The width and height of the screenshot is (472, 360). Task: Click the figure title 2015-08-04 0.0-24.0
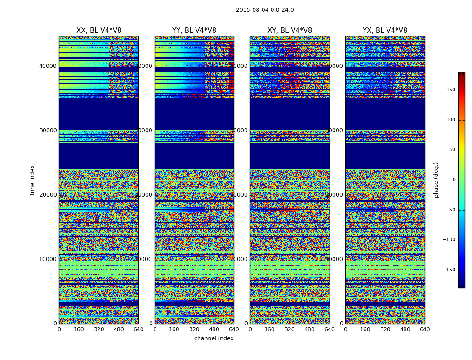(x=265, y=10)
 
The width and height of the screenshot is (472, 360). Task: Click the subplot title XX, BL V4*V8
(x=99, y=31)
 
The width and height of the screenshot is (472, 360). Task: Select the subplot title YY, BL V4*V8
(x=194, y=31)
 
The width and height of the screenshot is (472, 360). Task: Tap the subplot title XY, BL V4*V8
(x=289, y=31)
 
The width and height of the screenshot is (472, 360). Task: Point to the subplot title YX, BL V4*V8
(x=385, y=31)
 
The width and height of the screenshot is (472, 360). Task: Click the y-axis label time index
(x=32, y=180)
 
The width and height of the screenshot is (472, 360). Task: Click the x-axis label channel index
(x=214, y=338)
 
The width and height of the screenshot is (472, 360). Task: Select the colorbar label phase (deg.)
(x=436, y=180)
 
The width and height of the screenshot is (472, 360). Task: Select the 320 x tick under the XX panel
(x=99, y=329)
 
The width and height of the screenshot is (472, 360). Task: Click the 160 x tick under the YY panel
(x=174, y=329)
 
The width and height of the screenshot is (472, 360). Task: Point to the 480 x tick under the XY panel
(x=310, y=329)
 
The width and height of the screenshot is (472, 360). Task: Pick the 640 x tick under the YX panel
(x=425, y=329)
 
